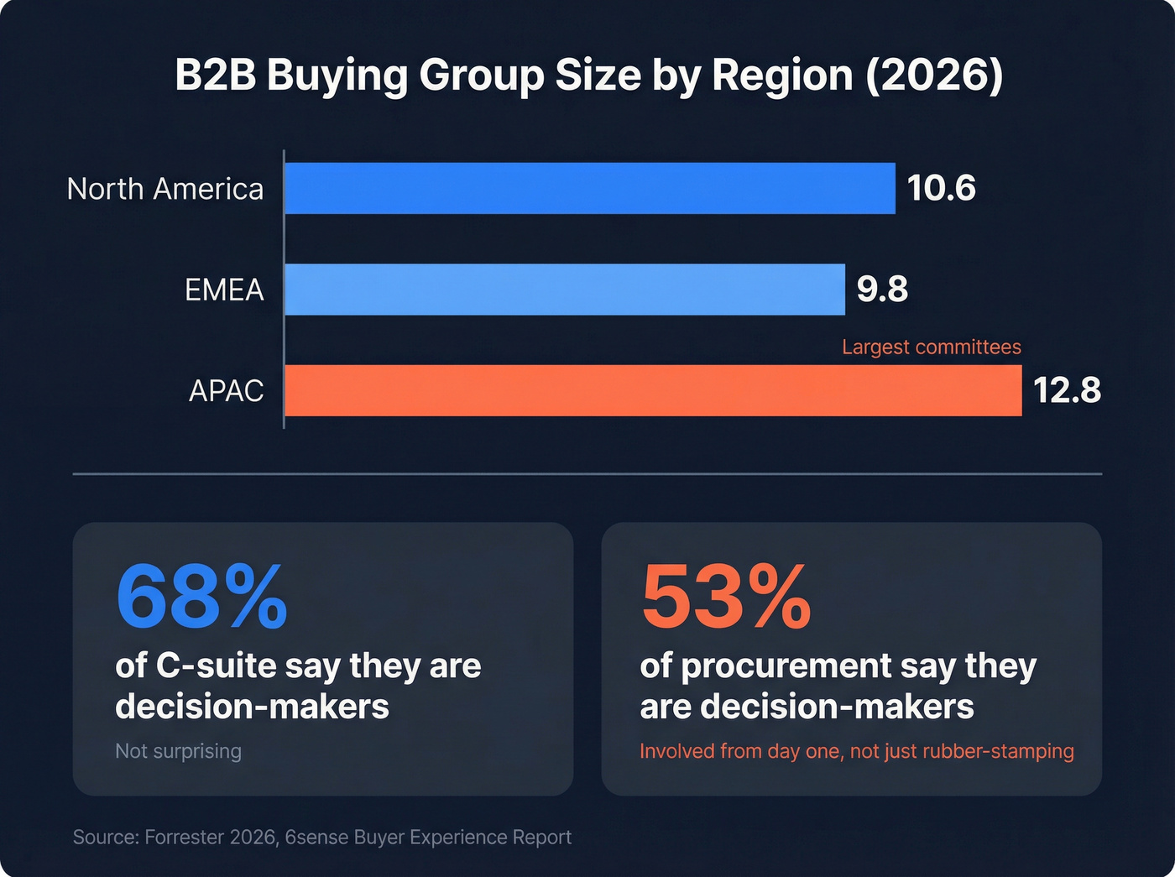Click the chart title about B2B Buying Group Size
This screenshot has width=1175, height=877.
click(x=587, y=76)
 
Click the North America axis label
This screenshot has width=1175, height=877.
click(x=165, y=189)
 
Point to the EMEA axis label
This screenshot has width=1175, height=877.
click(x=224, y=290)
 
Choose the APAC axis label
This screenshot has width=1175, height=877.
click(x=226, y=391)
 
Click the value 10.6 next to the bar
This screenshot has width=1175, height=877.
click(x=941, y=188)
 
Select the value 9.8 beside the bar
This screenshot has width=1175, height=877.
click(x=882, y=289)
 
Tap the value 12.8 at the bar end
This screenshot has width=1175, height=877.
click(x=1067, y=390)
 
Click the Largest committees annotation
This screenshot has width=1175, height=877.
click(x=931, y=347)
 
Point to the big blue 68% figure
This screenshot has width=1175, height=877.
click(x=201, y=597)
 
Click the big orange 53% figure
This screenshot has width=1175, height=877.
click(x=726, y=597)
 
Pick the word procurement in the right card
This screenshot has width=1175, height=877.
click(x=786, y=666)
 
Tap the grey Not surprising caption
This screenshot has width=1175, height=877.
click(x=178, y=750)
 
